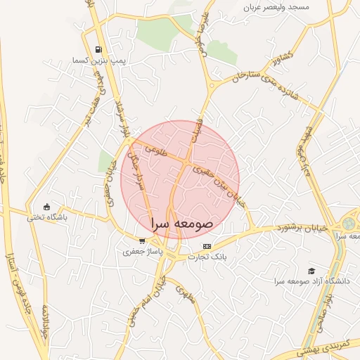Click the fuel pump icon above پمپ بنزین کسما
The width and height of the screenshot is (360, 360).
[x=98, y=50]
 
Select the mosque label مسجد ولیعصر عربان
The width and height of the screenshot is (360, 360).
[x=276, y=7]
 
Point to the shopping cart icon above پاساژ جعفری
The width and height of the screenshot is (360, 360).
[x=142, y=240]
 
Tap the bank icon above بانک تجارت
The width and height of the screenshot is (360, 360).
[x=206, y=246]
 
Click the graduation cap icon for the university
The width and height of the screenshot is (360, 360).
[x=311, y=271]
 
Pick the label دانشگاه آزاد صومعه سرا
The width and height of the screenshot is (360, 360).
[x=311, y=281]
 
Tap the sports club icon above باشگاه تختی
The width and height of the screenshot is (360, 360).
[x=47, y=207]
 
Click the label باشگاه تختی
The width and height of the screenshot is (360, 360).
[x=46, y=218]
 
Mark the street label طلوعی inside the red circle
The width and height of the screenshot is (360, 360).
[x=153, y=150]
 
